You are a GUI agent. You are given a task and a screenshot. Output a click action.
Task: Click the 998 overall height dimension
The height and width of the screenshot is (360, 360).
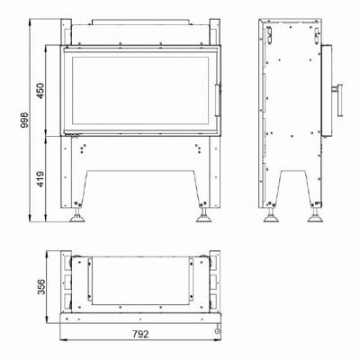click(x=24, y=120)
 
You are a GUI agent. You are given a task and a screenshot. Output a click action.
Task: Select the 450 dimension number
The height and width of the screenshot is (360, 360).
click(x=40, y=91)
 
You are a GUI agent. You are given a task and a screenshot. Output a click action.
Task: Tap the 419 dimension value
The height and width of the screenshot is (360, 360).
click(x=40, y=179)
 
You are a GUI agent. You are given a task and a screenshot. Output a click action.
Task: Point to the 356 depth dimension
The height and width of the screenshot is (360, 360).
click(x=41, y=287)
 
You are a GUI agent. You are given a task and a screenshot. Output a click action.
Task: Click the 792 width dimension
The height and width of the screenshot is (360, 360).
click(x=140, y=334)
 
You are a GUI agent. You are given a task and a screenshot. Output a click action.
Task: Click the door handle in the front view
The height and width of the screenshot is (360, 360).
click(x=219, y=100)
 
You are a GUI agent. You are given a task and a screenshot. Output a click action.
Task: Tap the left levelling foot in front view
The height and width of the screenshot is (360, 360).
click(x=77, y=215)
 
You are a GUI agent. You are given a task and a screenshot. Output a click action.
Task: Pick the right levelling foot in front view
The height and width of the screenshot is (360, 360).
click(x=204, y=215)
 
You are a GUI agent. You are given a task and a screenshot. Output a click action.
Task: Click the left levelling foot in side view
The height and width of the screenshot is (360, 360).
click(x=271, y=215)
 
